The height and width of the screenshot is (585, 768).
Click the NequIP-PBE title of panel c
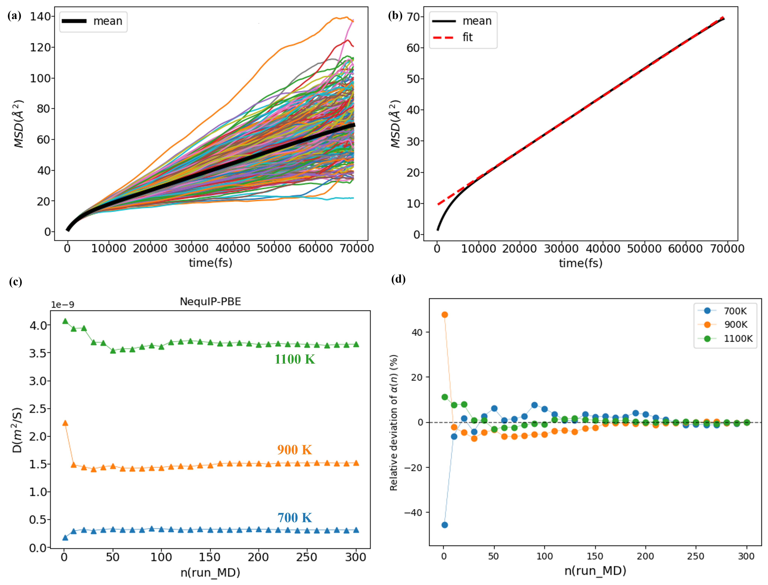[x=210, y=302]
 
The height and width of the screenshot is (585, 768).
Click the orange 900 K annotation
[x=295, y=450]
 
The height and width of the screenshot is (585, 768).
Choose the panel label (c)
[x=15, y=281]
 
